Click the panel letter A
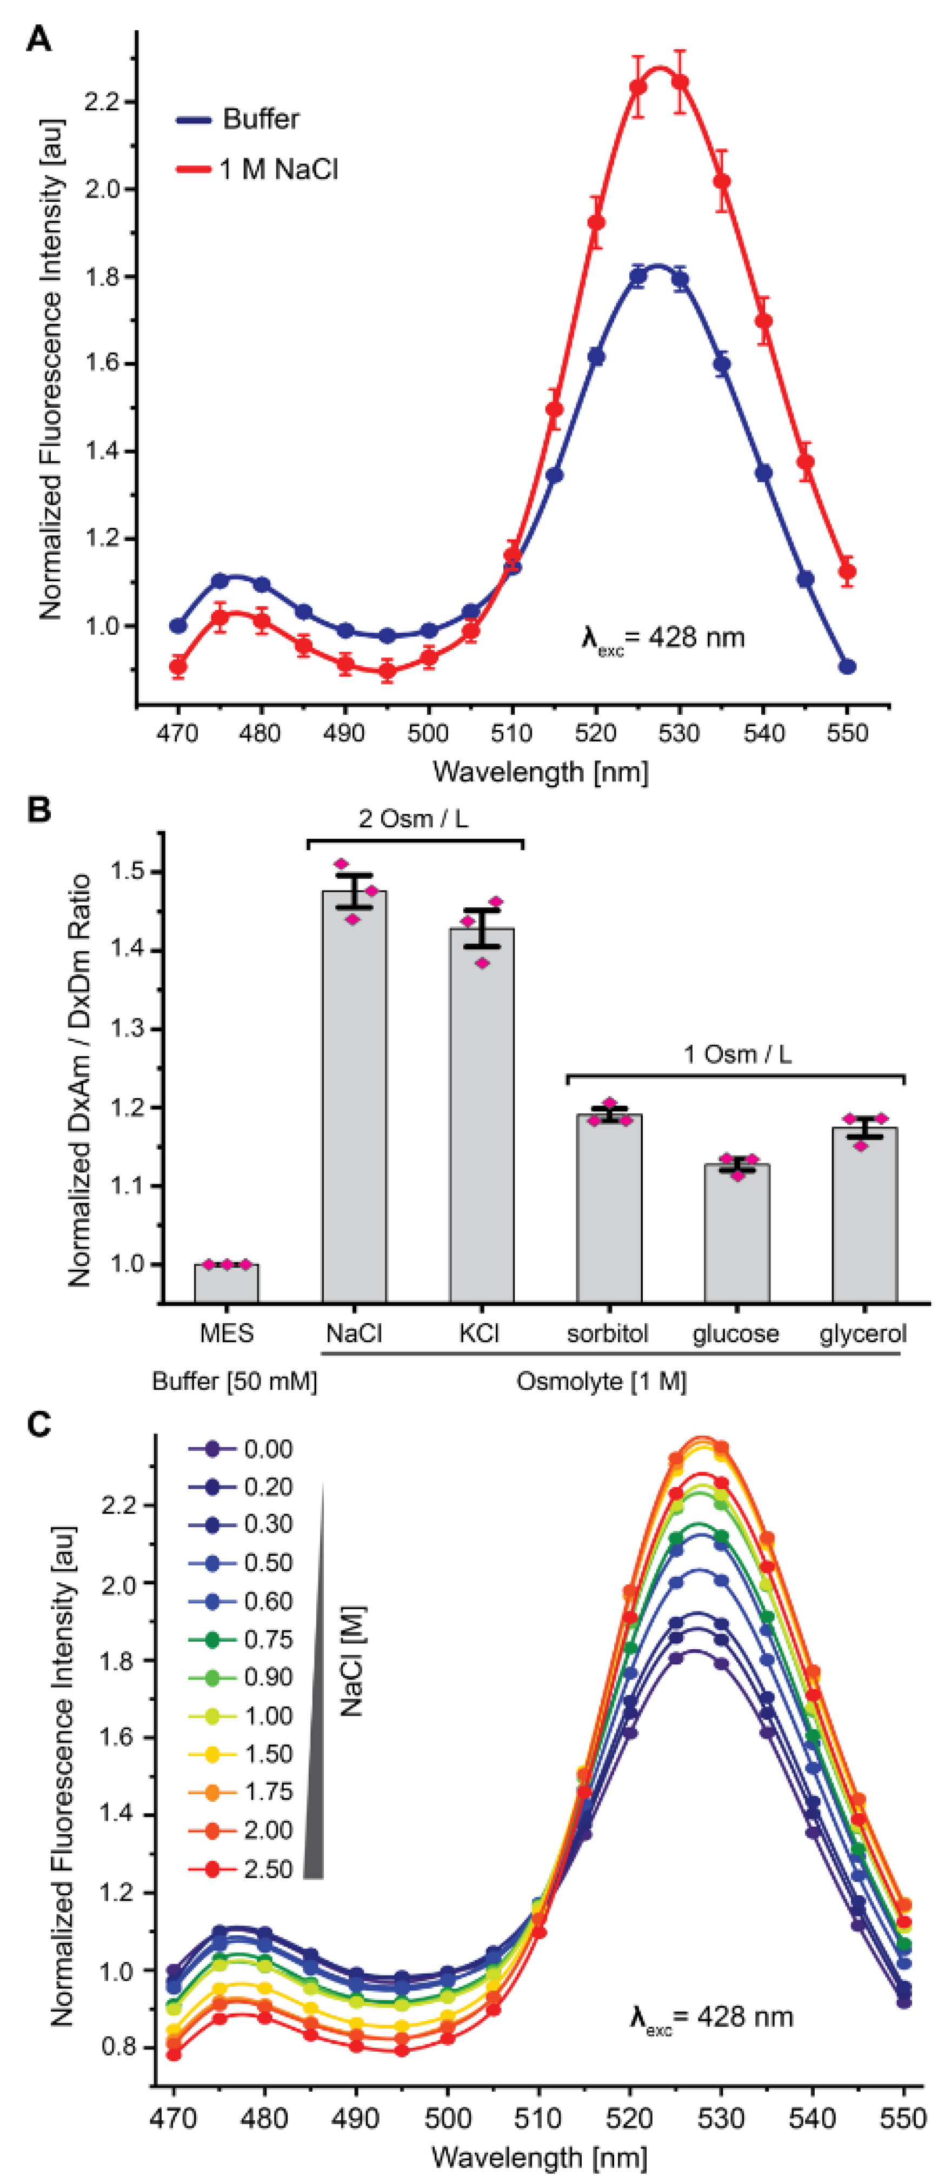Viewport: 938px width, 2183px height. (38, 38)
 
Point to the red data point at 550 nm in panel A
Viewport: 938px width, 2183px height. (847, 571)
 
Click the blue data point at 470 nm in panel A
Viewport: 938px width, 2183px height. (178, 626)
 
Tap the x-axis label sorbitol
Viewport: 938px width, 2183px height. (608, 1333)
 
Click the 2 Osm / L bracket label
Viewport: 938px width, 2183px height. (414, 819)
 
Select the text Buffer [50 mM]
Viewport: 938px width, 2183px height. (234, 1381)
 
